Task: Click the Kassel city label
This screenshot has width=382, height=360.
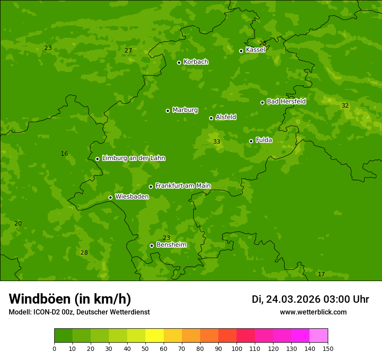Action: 255,50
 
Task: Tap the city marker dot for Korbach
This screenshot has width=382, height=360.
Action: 179,62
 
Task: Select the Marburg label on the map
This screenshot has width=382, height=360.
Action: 185,110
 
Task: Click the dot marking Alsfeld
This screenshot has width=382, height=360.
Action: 211,118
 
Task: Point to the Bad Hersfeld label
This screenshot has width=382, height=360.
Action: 286,101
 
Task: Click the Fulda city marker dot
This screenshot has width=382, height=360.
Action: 251,141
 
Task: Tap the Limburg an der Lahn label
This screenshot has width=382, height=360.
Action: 133,158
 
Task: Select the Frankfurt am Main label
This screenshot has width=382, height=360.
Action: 183,186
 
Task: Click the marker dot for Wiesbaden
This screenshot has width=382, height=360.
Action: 110,197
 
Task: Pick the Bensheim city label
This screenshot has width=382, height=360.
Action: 171,245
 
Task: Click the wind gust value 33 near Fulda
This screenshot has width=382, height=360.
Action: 217,142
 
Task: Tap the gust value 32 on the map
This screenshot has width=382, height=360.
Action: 345,106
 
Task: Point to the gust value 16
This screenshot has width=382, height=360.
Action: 64,154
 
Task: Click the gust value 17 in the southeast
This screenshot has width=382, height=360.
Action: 321,275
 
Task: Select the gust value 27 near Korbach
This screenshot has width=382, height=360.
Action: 128,51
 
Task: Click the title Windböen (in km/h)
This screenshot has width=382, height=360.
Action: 70,299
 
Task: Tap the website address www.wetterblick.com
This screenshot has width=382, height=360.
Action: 313,312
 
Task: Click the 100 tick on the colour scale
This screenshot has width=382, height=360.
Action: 237,348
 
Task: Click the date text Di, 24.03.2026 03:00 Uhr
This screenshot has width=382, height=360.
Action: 310,299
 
